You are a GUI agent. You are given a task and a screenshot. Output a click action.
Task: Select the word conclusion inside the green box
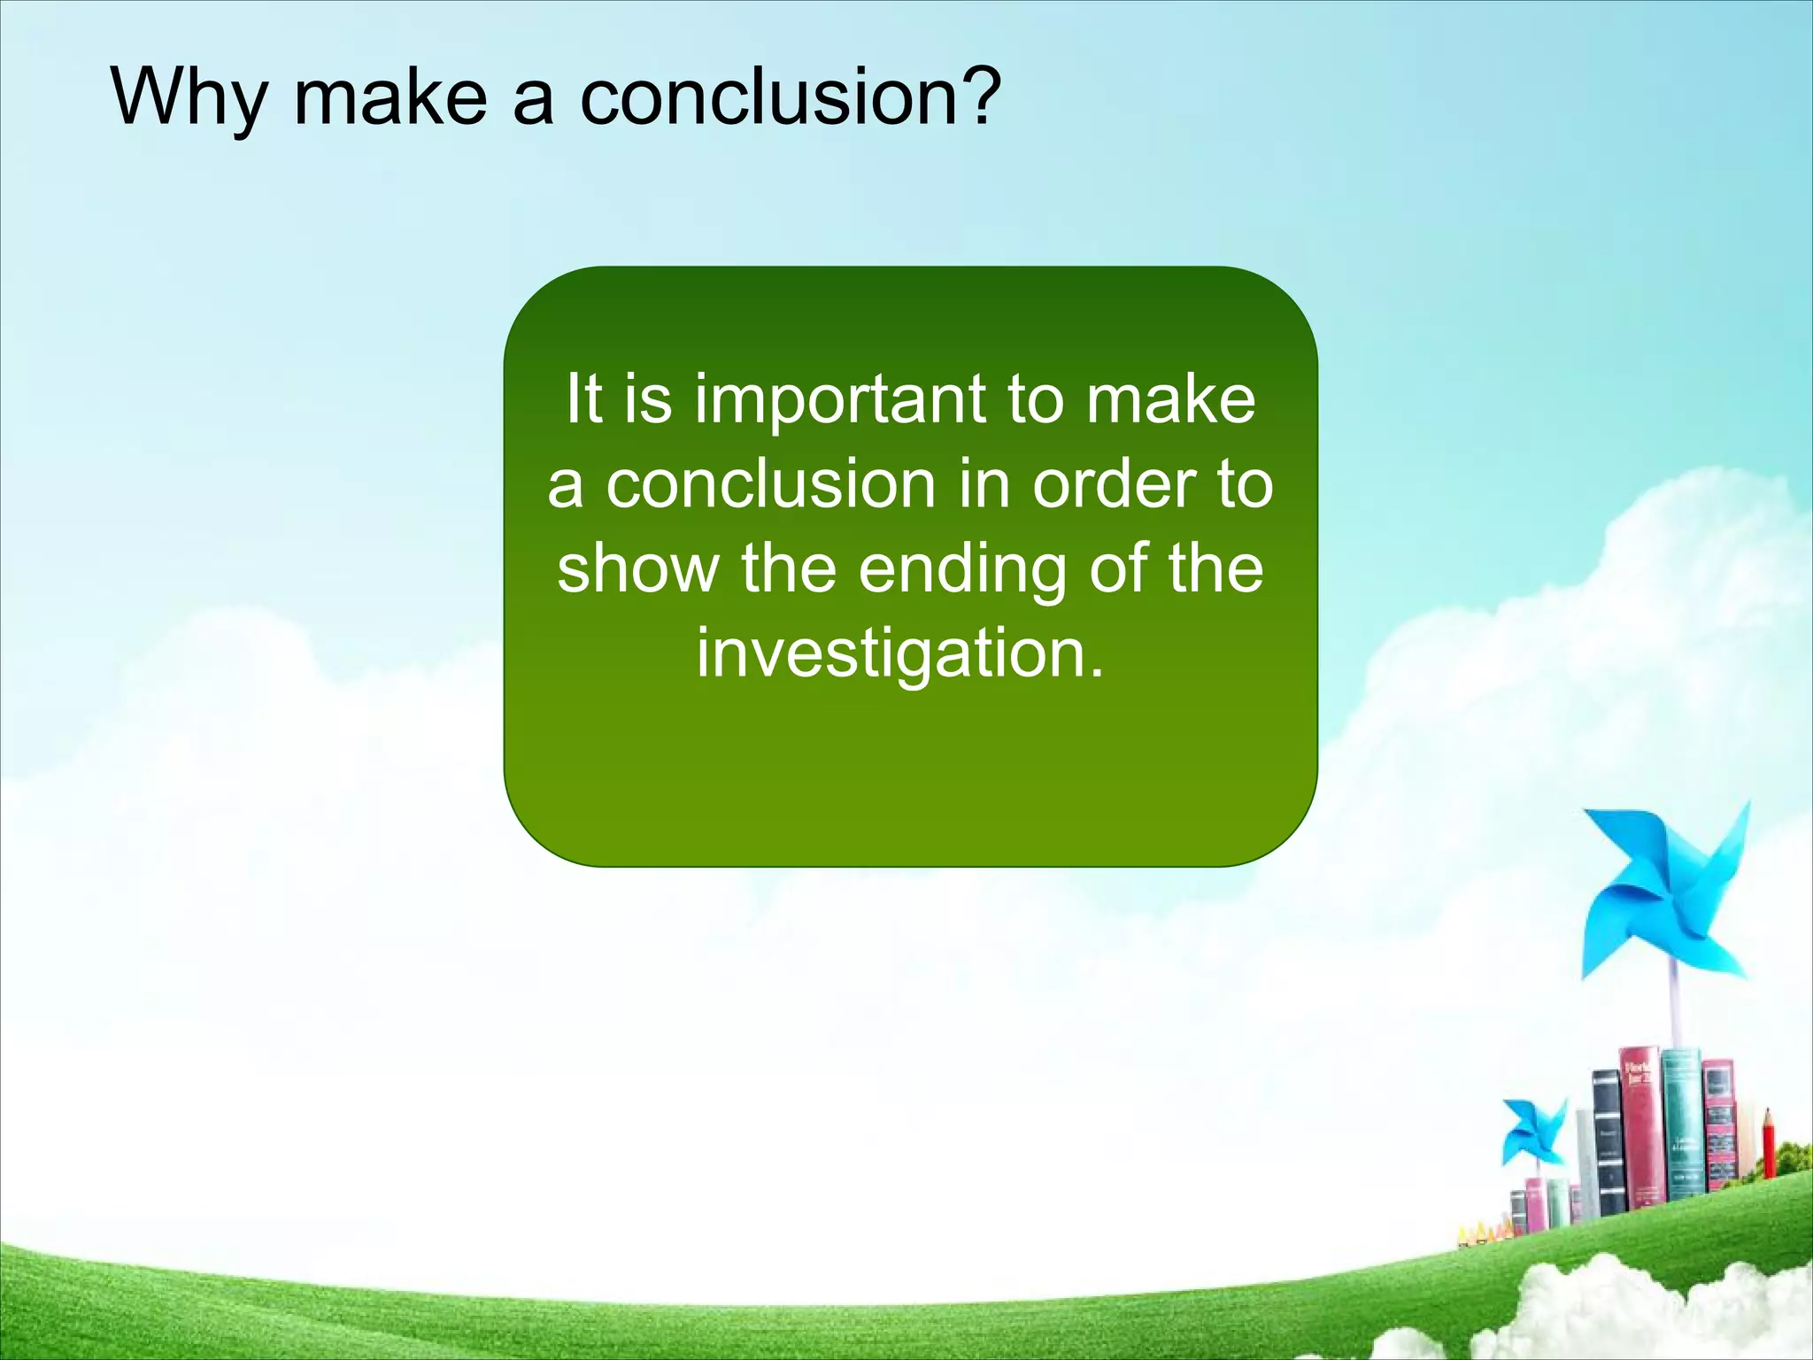pos(771,485)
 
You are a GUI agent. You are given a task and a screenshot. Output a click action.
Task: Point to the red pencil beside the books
pos(1768,1147)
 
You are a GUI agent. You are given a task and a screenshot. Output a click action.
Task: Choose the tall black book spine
pos(1607,1142)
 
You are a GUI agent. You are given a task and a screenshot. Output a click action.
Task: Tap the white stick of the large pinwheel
pos(1675,1009)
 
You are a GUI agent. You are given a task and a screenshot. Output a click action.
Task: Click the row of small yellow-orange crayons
pos(1484,1232)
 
